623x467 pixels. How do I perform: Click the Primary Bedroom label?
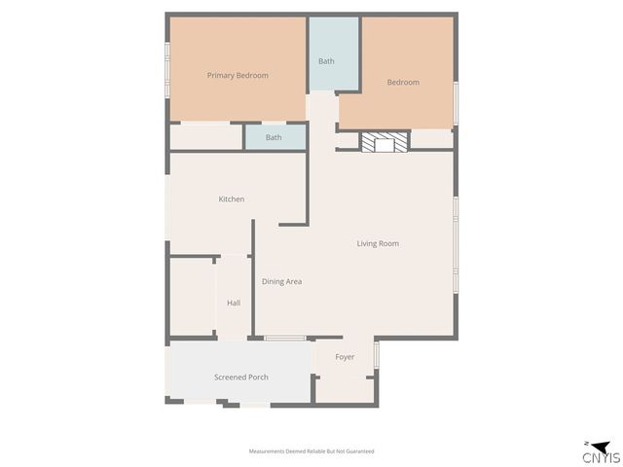click(238, 75)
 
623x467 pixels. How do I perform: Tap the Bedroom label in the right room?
click(403, 82)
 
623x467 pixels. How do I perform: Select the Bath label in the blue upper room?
click(326, 61)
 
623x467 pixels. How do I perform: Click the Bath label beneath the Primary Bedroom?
click(274, 137)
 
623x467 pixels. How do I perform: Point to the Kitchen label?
click(231, 199)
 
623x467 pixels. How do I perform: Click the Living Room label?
click(378, 243)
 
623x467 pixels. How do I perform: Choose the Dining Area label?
click(281, 281)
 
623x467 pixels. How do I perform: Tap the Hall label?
click(234, 303)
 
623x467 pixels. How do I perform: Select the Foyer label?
click(345, 357)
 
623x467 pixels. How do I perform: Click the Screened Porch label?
click(240, 377)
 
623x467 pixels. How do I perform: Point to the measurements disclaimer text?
click(311, 451)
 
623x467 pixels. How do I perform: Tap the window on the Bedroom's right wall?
click(456, 103)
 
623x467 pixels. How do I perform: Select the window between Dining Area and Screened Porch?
click(284, 338)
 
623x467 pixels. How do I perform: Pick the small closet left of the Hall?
click(192, 297)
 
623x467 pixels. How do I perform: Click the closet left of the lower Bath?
click(205, 136)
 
